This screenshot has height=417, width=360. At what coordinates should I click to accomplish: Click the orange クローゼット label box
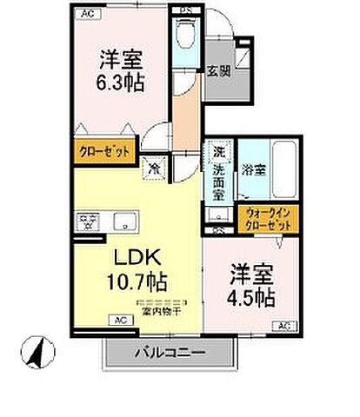[x=103, y=149]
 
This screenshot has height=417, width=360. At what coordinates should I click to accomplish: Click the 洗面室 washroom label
[x=219, y=173]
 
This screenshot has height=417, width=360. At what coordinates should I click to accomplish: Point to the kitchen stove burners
[x=88, y=221]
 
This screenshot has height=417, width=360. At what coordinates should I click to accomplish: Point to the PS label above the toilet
[x=184, y=11]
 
